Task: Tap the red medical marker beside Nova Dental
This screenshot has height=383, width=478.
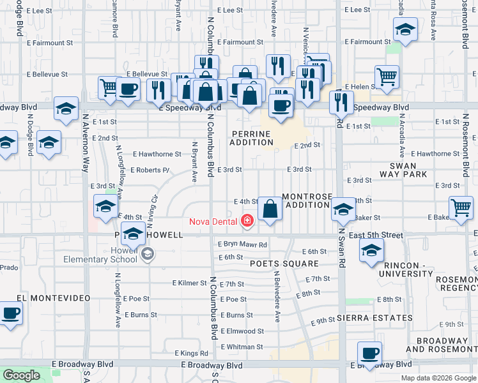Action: click(x=247, y=222)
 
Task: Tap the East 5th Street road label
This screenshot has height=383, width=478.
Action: click(x=376, y=236)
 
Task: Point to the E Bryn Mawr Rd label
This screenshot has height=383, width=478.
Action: click(x=242, y=244)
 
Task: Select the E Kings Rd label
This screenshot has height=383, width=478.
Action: click(x=191, y=353)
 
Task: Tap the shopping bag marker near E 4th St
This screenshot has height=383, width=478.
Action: click(x=270, y=209)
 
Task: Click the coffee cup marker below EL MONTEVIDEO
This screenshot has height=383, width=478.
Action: click(x=11, y=314)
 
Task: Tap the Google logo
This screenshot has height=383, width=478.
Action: click(x=22, y=375)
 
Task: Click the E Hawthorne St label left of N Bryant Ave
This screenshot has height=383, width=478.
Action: click(x=157, y=154)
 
